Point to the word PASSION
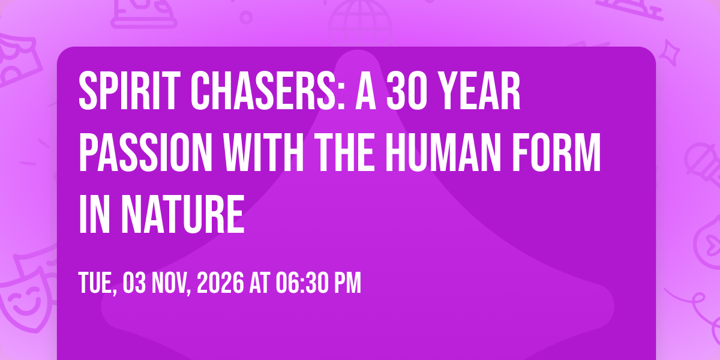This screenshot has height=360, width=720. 146,152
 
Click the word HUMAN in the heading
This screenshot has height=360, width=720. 443,152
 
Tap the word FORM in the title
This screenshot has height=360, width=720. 556,152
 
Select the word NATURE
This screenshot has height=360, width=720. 183,214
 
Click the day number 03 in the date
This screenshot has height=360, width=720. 134,283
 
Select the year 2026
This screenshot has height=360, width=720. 220,283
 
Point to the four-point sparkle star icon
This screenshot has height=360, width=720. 670,53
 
